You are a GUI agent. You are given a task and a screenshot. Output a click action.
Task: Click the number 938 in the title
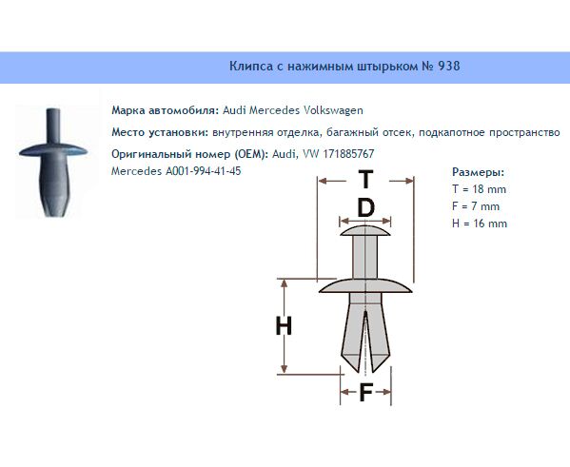click(x=449, y=67)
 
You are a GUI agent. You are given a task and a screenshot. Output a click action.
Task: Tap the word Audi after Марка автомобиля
click(x=234, y=110)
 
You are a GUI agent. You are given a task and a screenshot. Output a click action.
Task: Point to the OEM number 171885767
click(x=348, y=154)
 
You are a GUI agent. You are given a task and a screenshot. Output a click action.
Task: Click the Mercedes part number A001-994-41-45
click(x=204, y=171)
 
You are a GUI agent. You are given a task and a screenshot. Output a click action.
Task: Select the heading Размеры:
click(x=479, y=172)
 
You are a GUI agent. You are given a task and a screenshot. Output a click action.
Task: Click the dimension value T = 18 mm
click(x=479, y=189)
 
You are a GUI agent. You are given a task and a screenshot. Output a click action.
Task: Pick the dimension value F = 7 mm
click(x=476, y=206)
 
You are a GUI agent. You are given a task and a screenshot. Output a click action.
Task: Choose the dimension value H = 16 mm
click(x=480, y=224)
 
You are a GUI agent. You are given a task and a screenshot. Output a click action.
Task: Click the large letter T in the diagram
click(x=365, y=179)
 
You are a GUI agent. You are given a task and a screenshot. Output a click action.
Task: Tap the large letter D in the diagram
click(x=365, y=208)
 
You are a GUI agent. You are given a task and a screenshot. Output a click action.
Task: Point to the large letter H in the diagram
click(x=284, y=325)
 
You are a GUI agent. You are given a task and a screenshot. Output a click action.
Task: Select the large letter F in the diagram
click(x=365, y=393)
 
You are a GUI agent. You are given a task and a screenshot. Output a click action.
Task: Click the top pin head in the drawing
click(x=365, y=231)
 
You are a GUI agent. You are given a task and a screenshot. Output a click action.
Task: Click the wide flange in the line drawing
click(x=365, y=285)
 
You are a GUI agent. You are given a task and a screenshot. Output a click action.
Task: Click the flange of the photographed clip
click(x=53, y=150)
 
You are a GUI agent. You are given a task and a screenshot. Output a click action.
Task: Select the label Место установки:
click(x=160, y=132)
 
